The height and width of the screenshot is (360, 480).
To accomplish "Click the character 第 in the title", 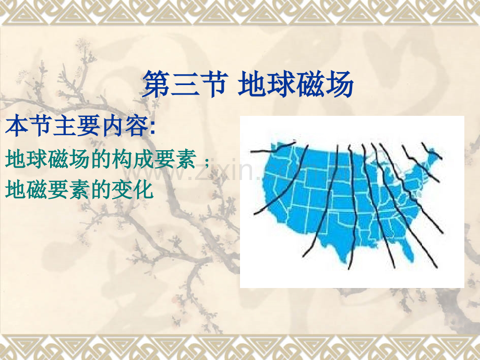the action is pos(156,84).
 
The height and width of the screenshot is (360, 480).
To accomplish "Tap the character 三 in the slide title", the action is pos(184,84).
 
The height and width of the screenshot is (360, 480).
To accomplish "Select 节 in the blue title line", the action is pos(211,84).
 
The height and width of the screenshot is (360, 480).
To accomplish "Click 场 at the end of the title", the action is pos(340,84).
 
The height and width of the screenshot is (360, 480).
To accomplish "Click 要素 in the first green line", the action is pos(175,159).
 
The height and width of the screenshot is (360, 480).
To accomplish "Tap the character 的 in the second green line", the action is pos(101,189).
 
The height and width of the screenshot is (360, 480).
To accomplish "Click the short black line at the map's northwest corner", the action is pos(273,148).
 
